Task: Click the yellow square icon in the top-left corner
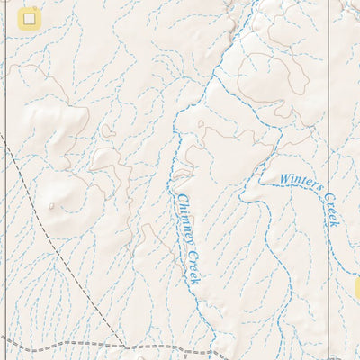point(30,18)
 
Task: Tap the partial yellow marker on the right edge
point(356,288)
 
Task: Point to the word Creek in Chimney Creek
point(193,267)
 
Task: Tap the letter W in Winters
point(283,178)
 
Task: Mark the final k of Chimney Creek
point(195,282)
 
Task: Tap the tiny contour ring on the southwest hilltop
point(51,206)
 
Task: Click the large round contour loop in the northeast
point(270,76)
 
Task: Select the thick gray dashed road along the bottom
point(54,345)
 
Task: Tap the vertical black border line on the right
point(328,135)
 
